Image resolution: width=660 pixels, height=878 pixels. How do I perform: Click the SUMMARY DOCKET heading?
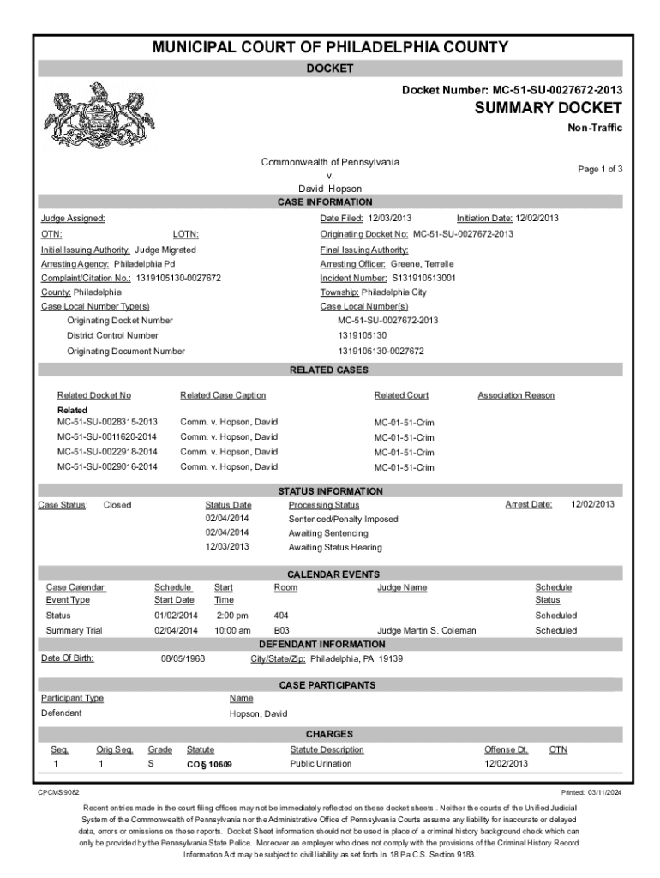click(548, 108)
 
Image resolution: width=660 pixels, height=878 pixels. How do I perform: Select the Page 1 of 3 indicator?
click(599, 170)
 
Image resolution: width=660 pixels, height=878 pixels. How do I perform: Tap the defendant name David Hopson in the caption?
click(329, 189)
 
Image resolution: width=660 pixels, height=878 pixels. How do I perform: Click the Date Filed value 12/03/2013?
click(391, 219)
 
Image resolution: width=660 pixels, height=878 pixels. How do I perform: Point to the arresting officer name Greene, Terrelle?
click(422, 263)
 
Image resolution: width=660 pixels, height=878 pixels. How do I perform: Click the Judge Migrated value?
click(165, 249)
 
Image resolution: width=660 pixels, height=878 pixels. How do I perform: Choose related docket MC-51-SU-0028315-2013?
click(107, 422)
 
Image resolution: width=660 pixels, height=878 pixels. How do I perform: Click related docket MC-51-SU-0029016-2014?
click(107, 466)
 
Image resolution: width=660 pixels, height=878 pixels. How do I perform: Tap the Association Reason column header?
click(516, 395)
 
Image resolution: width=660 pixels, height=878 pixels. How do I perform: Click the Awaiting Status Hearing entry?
click(335, 547)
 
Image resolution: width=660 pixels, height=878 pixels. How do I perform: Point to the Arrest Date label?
click(529, 504)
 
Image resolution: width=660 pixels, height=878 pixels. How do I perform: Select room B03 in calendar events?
click(281, 630)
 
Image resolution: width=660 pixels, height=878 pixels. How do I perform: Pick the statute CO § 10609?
click(209, 763)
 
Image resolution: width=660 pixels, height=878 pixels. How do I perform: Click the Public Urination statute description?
click(321, 762)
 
